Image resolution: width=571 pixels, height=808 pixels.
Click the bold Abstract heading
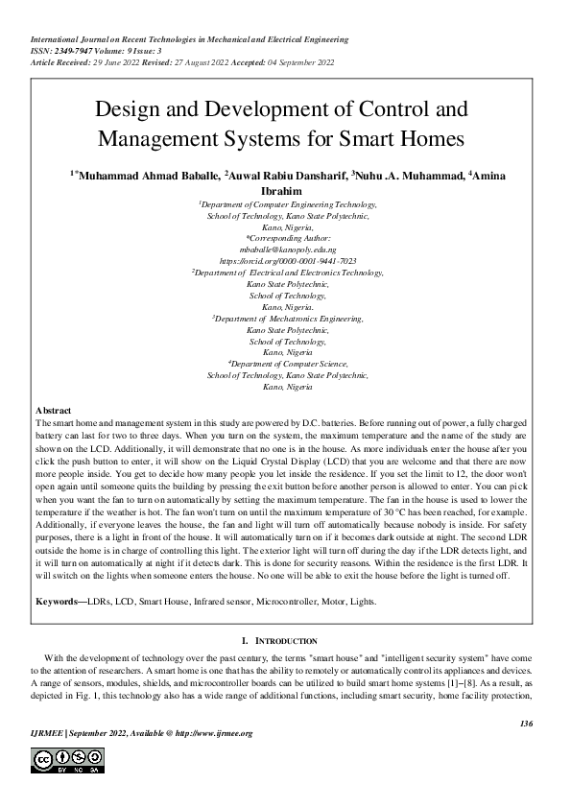click(53, 410)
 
